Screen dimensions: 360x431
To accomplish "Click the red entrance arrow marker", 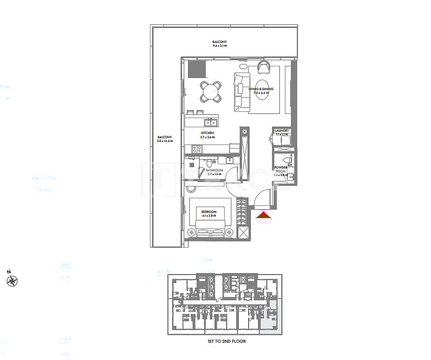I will coord(264,215).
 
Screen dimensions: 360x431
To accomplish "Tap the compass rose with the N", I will coord(12,280).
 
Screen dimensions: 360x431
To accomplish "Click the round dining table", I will coord(211,92).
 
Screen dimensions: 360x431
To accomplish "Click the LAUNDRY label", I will coord(282,131).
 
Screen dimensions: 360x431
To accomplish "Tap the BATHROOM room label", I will coord(215,170).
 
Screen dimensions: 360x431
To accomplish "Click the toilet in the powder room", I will coord(287,161).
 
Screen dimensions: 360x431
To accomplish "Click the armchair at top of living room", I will coord(263,68).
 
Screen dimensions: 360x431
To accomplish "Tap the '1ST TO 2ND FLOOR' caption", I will coord(226,341).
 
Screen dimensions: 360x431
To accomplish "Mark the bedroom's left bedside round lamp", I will coord(191,232).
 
